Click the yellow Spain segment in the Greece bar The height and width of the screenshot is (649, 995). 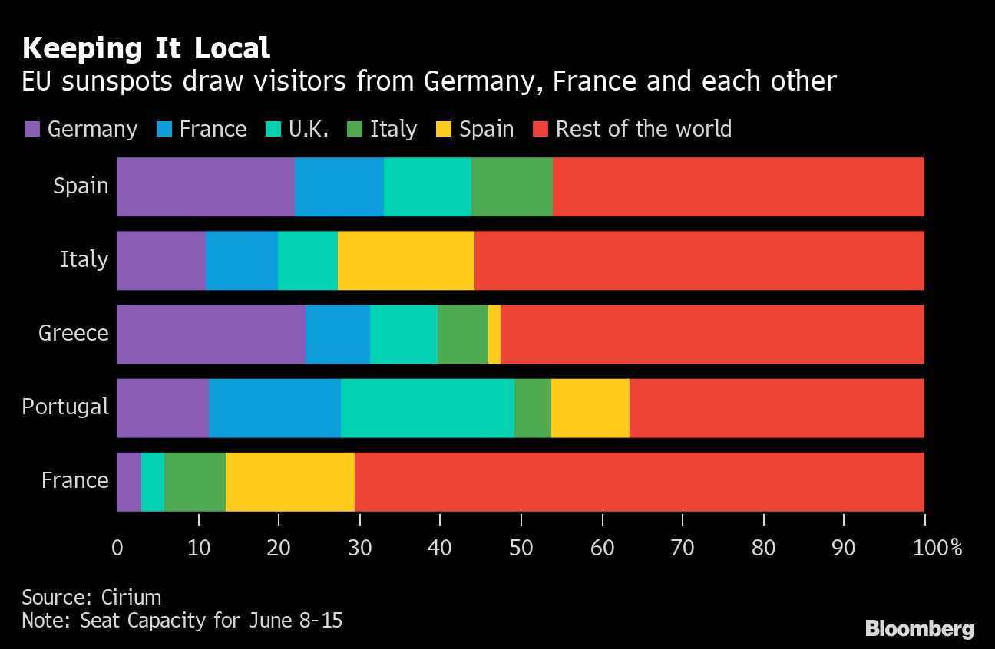click(x=494, y=334)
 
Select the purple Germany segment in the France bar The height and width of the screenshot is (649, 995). click(x=129, y=482)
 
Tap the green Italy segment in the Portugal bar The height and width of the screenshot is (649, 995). click(x=533, y=407)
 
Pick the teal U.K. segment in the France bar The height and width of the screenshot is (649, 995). click(x=153, y=482)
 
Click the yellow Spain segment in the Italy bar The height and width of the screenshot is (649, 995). click(x=406, y=260)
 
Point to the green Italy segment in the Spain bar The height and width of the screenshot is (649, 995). click(x=512, y=186)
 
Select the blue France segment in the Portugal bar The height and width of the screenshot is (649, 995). click(x=275, y=407)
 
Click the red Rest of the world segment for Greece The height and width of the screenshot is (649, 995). click(x=712, y=334)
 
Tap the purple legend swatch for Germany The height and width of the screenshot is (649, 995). click(x=32, y=129)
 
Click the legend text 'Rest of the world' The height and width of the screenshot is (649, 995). click(x=643, y=129)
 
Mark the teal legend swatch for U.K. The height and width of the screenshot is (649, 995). click(x=274, y=129)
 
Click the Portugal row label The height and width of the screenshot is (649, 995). click(x=65, y=407)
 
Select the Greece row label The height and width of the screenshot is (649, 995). click(x=74, y=333)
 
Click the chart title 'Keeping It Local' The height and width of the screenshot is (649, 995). click(x=146, y=49)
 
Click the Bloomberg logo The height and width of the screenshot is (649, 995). click(x=919, y=629)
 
